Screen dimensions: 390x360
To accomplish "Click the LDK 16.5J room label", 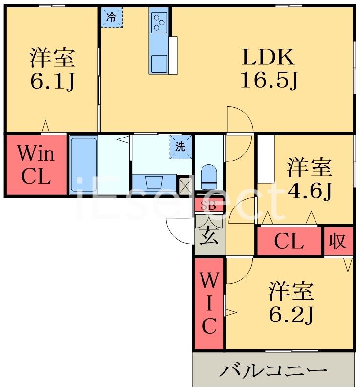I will coord(269,69).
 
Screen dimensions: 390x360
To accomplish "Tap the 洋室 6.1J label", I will coord(52,69).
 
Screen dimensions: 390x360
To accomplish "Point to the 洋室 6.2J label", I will coord(291,303).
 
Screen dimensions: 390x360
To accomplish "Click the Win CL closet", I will coord(36,165).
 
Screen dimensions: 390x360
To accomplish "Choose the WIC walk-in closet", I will coord(209,303).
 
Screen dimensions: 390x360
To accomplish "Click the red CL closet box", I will coord(289,241).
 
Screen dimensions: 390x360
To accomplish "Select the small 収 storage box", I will coord(337,241).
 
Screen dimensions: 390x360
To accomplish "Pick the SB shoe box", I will coord(209,206).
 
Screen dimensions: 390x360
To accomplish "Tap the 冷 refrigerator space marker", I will coord(112,18).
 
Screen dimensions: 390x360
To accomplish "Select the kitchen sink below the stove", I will coord(159,63).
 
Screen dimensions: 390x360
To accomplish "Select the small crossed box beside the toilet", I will coord(186,184).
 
